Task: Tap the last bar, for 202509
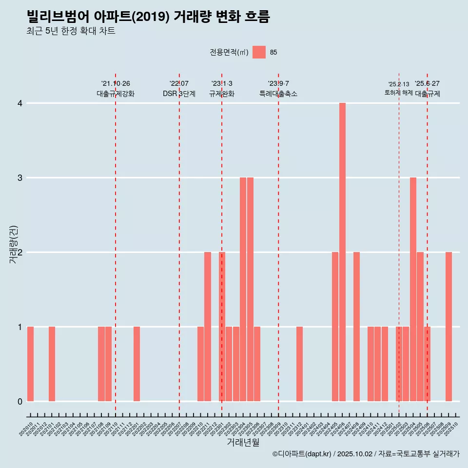pyautogui.click(x=448, y=327)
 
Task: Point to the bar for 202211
pyautogui.click(x=208, y=327)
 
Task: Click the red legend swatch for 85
pyautogui.click(x=259, y=52)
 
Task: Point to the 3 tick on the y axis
pyautogui.click(x=20, y=178)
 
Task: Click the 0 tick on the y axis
pyautogui.click(x=20, y=401)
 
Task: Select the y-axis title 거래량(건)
pyautogui.click(x=14, y=244)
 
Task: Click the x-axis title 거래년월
pyautogui.click(x=243, y=442)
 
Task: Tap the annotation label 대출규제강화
pyautogui.click(x=116, y=94)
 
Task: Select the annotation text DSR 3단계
pyautogui.click(x=179, y=94)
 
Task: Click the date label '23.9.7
pyautogui.click(x=278, y=83)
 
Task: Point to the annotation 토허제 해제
pyautogui.click(x=399, y=93)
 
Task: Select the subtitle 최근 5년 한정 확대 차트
pyautogui.click(x=71, y=31)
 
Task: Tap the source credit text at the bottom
pyautogui.click(x=366, y=454)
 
